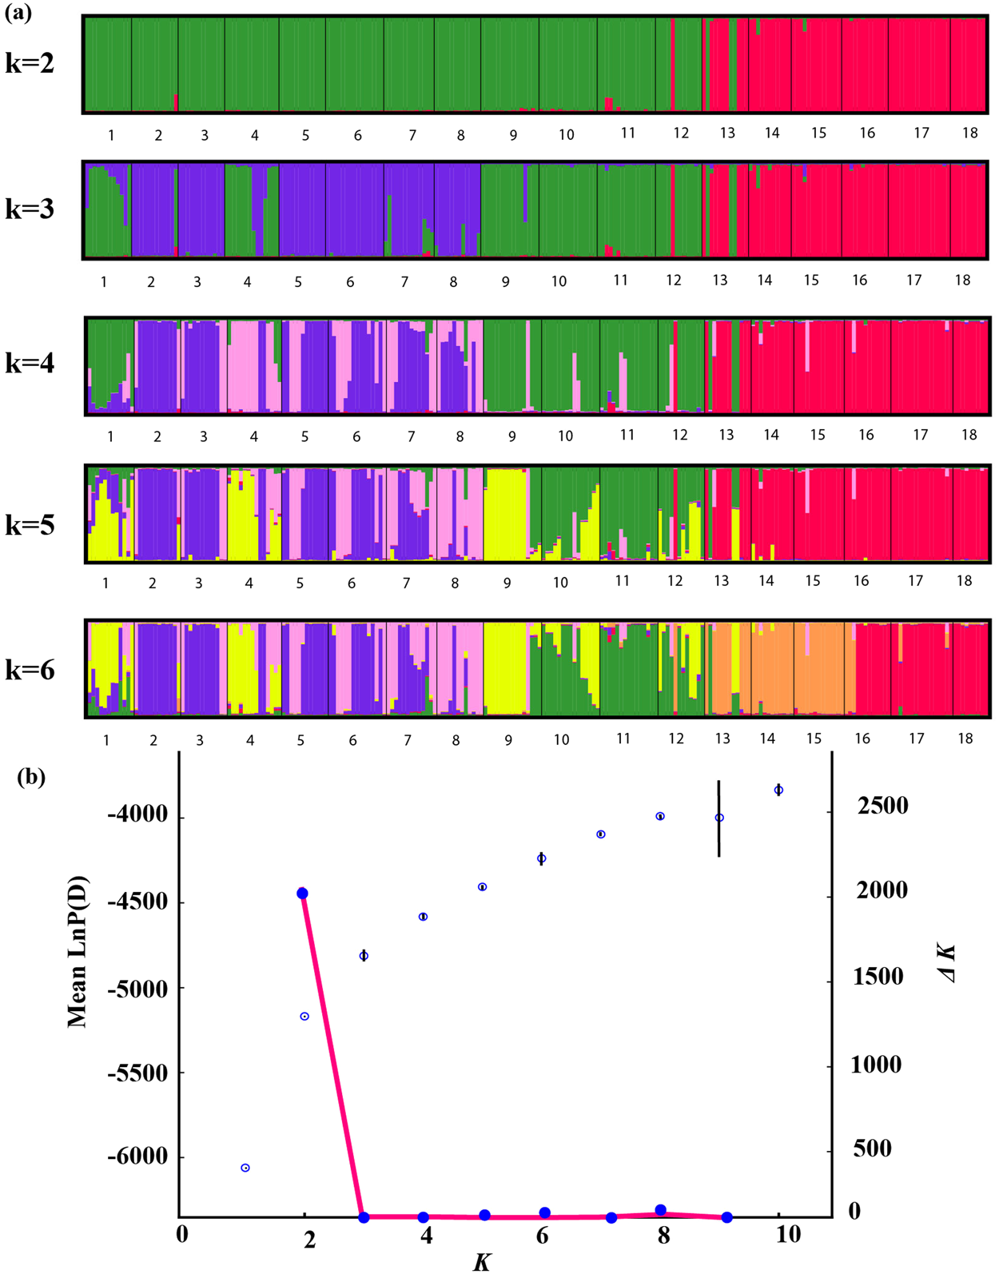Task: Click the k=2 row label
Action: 30,63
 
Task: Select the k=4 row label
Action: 30,364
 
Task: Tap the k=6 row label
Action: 30,670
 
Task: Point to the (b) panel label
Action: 31,777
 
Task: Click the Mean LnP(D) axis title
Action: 78,951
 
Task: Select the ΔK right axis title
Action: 948,962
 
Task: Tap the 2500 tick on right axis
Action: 882,806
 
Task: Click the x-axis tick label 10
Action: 787,1235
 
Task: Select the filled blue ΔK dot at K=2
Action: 302,894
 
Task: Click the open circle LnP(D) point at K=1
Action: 245,1168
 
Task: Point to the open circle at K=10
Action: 778,790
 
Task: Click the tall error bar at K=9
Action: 718,818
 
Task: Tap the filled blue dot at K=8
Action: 660,1210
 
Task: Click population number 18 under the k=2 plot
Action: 969,133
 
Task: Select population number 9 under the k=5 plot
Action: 507,583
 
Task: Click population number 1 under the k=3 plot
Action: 104,281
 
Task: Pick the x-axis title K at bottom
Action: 482,1262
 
